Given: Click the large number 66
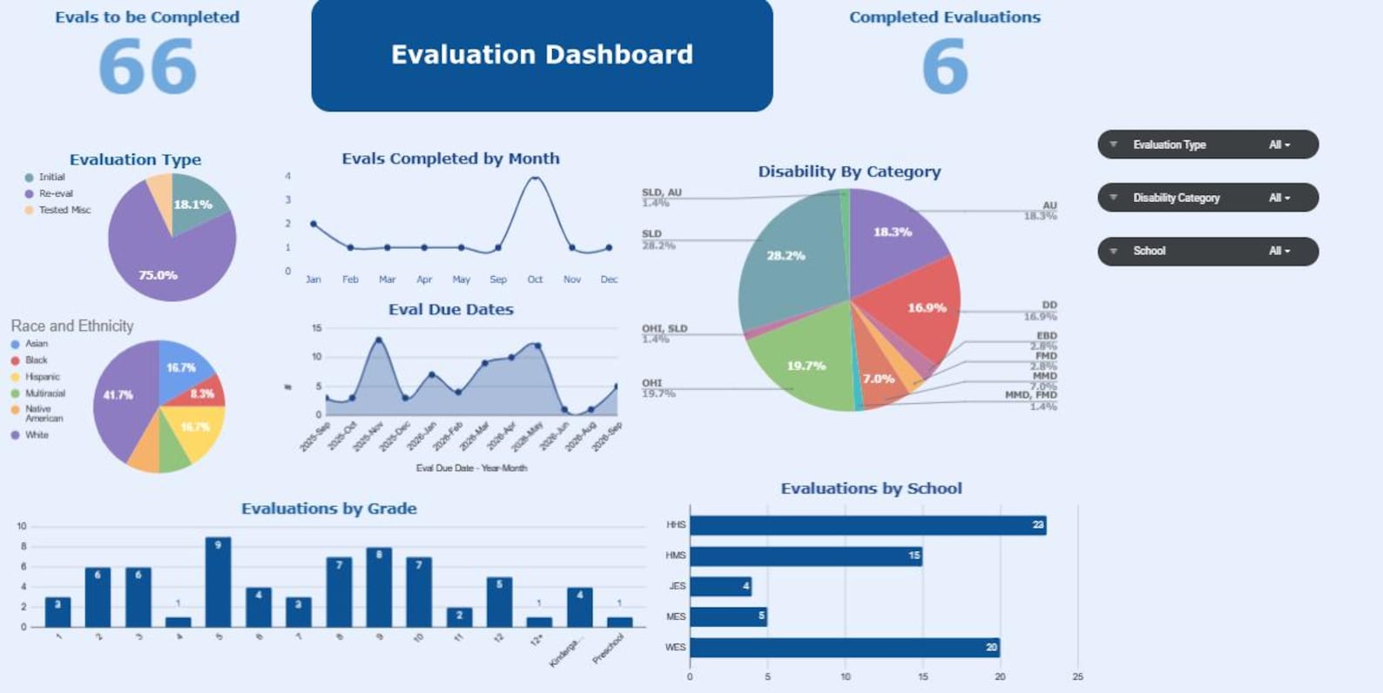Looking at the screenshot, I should tap(147, 68).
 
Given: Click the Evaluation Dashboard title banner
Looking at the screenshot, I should tap(542, 55).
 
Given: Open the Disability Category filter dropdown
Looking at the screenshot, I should tap(1207, 198).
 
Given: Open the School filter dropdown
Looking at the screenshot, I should tap(1207, 251).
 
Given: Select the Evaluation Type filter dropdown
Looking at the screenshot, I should tap(1207, 145).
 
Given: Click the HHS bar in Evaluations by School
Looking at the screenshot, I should tap(867, 525).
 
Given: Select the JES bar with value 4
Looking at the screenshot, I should tap(719, 586).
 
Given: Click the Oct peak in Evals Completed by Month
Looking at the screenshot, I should tap(535, 178).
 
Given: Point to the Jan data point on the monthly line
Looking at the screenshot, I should tap(314, 224).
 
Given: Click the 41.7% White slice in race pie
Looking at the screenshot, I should tap(122, 396).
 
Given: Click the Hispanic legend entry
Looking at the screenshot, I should tap(42, 377).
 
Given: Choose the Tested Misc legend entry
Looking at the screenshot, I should tap(64, 210).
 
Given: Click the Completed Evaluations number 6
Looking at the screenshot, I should tap(944, 68).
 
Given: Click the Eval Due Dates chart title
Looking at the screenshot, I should tap(450, 309).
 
